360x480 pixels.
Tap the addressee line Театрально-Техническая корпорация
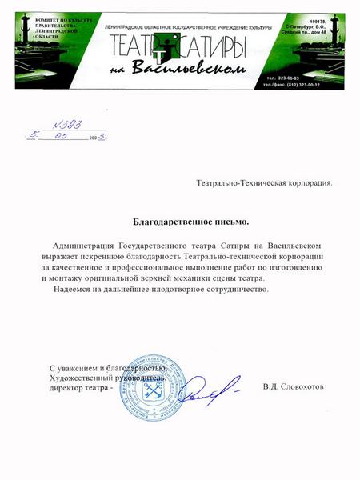(x=264, y=182)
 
